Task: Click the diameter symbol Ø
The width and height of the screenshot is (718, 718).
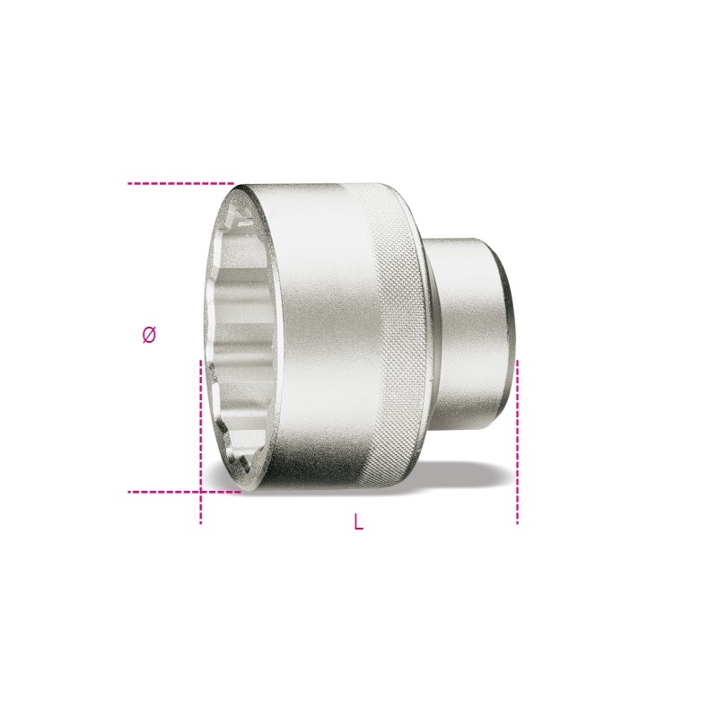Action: pos(149,335)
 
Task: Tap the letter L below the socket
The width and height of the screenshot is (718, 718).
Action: pos(358,522)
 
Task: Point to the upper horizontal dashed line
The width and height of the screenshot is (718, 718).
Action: pos(179,183)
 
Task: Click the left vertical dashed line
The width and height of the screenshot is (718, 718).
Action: pos(200,422)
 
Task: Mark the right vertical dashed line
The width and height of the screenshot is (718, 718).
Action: pos(517,440)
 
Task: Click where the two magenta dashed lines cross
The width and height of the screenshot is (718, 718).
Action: pos(200,492)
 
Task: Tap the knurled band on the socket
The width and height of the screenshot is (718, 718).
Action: pos(390,332)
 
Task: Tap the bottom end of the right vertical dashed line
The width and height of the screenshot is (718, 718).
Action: pos(517,522)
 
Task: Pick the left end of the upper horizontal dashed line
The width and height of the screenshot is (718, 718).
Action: pos(130,183)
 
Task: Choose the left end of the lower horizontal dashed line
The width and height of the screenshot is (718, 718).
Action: pos(130,492)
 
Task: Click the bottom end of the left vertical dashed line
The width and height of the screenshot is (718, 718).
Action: pos(200,522)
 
